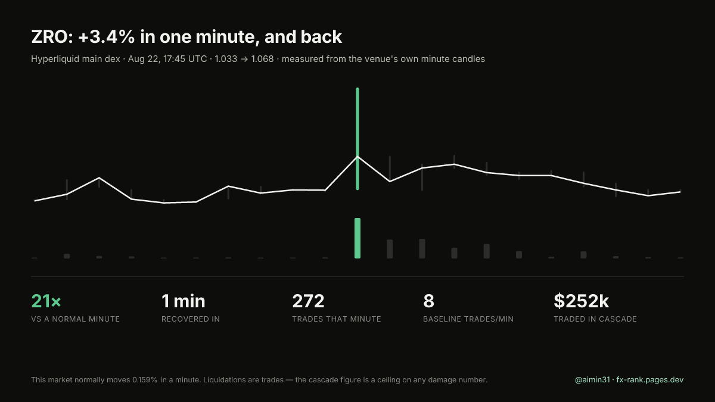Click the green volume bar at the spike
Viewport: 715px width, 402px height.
(x=357, y=238)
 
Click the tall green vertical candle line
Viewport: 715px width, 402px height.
(x=357, y=139)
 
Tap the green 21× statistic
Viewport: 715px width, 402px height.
(x=46, y=301)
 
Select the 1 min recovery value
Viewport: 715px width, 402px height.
(x=184, y=301)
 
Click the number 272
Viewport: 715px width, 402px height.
(x=309, y=301)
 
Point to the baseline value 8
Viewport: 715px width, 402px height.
(x=428, y=301)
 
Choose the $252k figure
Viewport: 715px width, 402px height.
(x=582, y=301)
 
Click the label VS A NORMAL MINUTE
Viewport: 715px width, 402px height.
(x=75, y=319)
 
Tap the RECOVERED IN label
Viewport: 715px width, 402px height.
(x=191, y=319)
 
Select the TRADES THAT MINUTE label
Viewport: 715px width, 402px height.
(x=337, y=319)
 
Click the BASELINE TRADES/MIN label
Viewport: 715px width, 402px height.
(x=468, y=319)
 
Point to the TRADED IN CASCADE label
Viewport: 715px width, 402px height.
(x=595, y=319)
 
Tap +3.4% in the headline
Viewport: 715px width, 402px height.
(x=106, y=37)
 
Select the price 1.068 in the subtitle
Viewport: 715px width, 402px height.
(x=262, y=59)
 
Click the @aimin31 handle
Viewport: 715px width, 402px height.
(x=592, y=380)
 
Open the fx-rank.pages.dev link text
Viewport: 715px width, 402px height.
(x=650, y=380)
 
